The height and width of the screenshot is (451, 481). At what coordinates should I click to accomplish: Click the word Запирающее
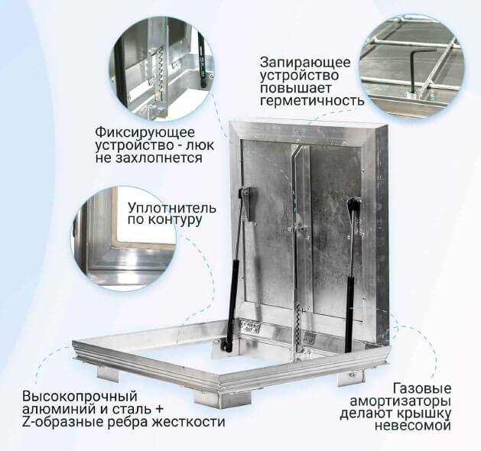pos(305,63)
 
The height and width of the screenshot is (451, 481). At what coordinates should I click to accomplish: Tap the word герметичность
pos(312,101)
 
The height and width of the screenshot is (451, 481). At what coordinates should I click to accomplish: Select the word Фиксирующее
pos(145,133)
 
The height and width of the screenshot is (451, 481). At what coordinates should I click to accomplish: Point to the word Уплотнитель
pos(172,208)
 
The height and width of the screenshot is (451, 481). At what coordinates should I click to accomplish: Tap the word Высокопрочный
pos(80,397)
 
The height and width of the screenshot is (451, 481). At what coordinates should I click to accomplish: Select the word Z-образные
pos(60,422)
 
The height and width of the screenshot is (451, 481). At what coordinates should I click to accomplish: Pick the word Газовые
pos(422,388)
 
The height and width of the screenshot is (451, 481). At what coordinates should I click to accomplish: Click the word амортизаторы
pos(400,401)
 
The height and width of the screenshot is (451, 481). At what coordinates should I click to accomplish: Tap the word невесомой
pos(413,427)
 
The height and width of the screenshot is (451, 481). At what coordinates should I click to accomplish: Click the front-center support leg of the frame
pos(223,400)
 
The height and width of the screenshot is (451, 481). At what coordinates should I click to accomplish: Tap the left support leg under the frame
pos(108,373)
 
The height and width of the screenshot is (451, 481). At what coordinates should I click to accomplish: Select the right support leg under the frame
pos(351,378)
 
